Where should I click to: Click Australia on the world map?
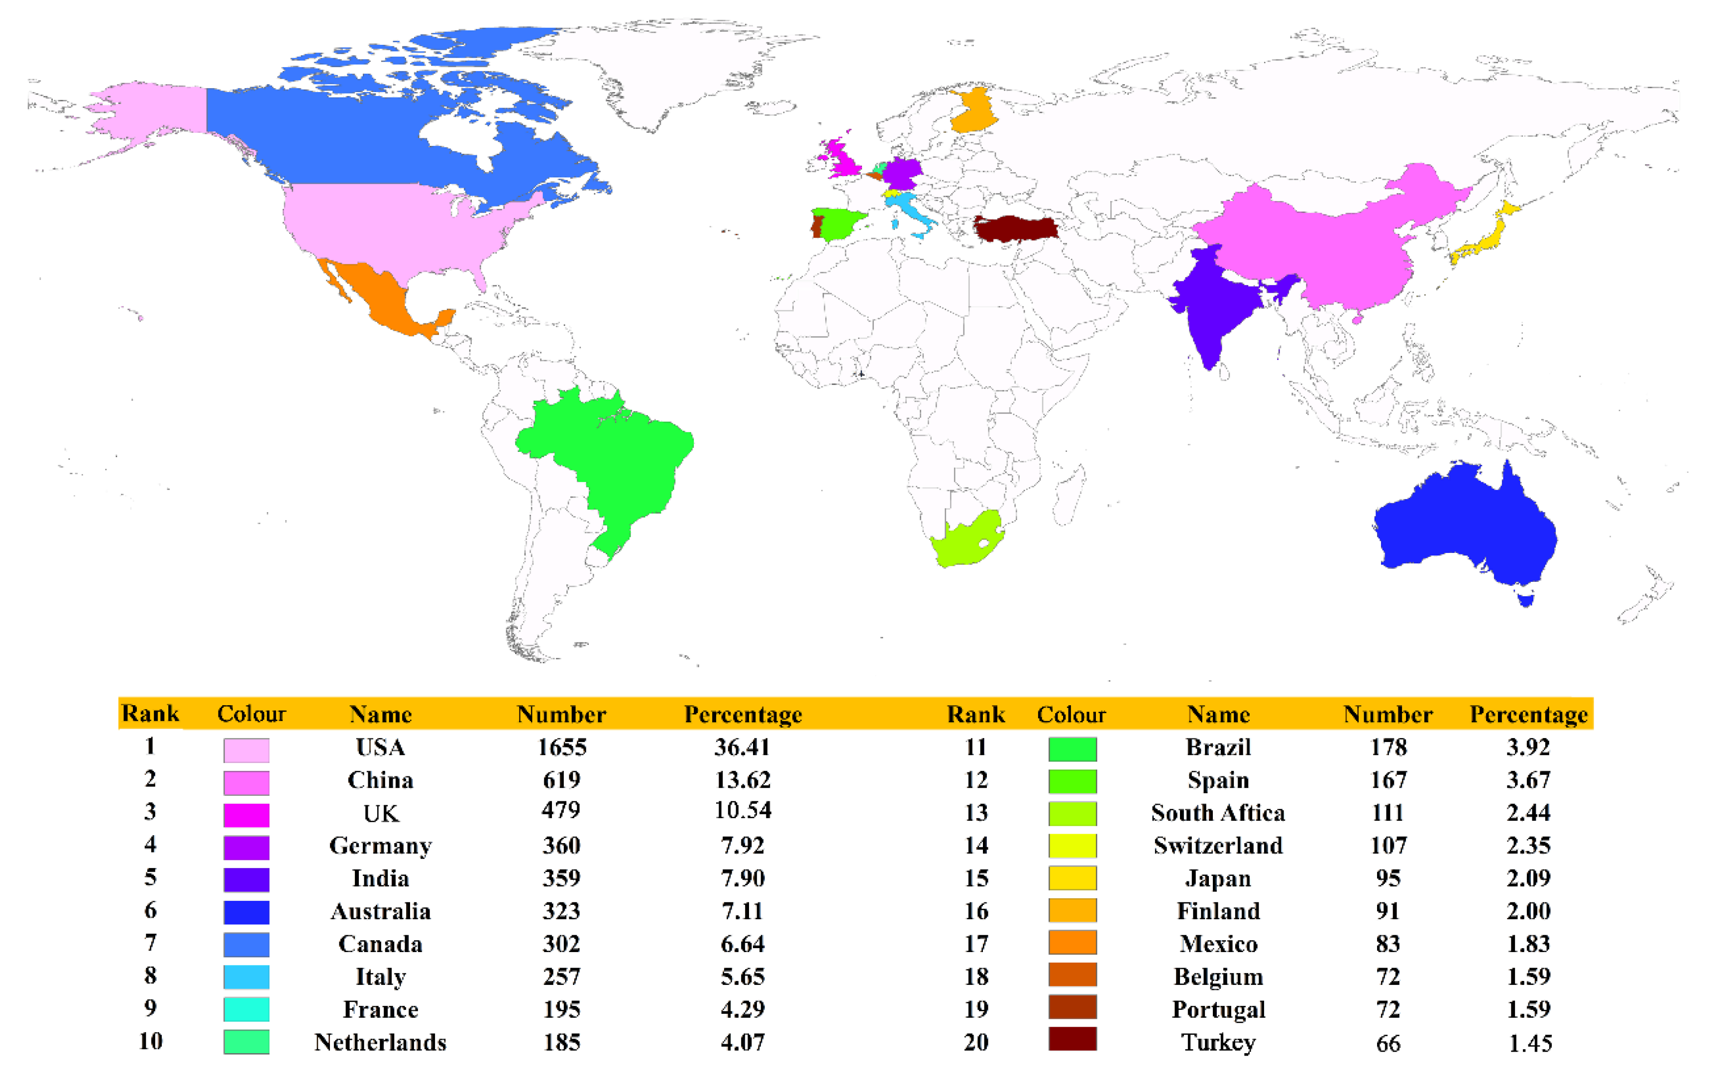[1465, 526]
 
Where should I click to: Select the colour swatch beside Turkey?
[1072, 1039]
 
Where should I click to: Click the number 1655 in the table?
[562, 747]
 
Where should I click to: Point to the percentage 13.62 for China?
[743, 780]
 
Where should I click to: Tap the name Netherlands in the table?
[380, 1042]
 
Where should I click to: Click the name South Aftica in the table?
[1218, 812]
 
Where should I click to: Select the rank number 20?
[976, 1042]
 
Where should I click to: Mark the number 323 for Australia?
[562, 911]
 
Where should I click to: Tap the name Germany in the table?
[380, 846]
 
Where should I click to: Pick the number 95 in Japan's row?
[1388, 878]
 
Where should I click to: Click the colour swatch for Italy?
[246, 976]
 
